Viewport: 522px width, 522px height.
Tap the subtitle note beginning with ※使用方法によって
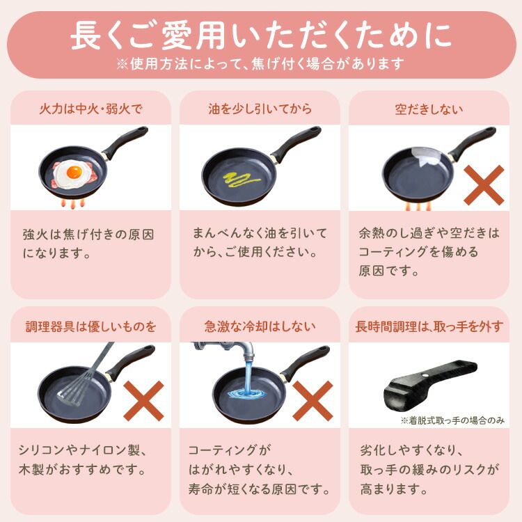261,64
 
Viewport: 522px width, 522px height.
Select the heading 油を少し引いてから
260,109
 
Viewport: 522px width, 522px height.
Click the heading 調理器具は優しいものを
90,326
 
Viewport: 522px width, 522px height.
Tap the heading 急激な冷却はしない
260,326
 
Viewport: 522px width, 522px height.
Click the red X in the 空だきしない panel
484,185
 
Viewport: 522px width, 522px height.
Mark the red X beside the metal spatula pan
143,401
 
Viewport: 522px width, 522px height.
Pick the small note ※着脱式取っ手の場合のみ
452,420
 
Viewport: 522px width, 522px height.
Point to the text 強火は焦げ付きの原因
88,234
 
